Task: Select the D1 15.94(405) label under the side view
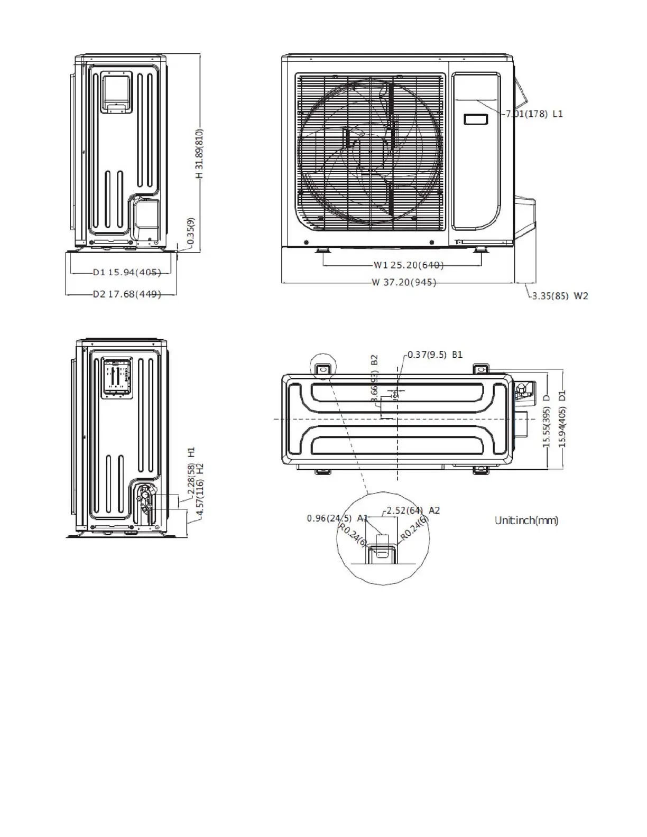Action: point(127,273)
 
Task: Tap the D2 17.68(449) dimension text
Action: point(127,294)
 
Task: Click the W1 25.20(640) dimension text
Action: point(409,265)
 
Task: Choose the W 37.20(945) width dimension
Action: point(403,282)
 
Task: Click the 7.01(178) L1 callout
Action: point(534,114)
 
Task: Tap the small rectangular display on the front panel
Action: point(476,119)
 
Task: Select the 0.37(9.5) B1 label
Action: point(435,355)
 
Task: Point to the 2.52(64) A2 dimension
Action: point(413,510)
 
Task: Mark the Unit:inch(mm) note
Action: point(526,520)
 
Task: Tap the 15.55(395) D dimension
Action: point(547,427)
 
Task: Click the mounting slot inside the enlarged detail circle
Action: point(381,551)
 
